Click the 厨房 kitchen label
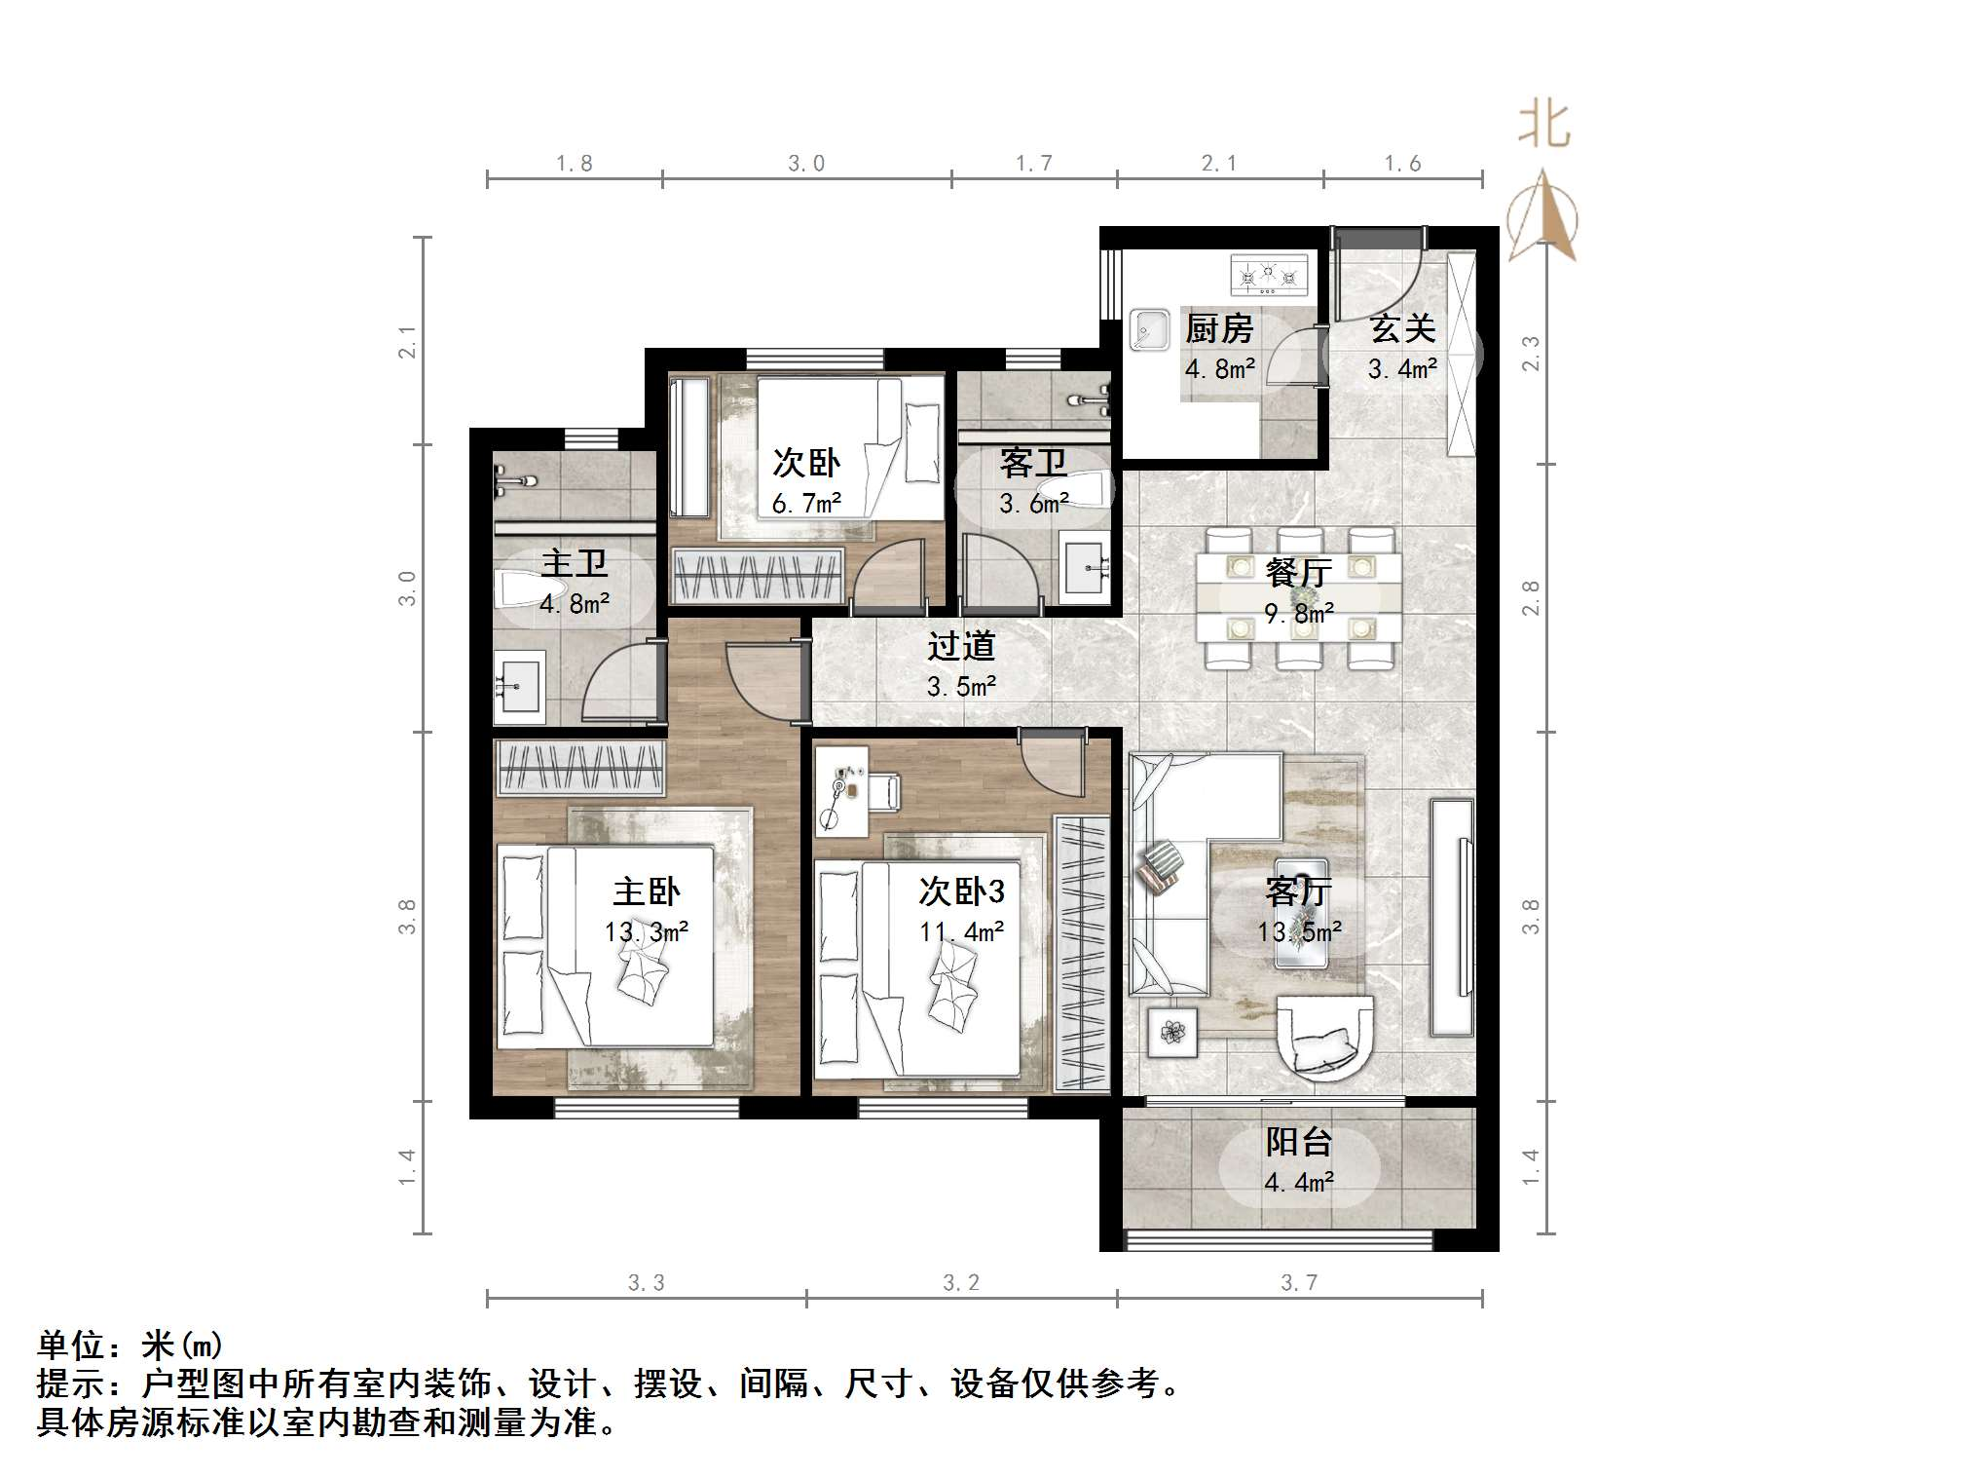[1218, 329]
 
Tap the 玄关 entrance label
[1402, 329]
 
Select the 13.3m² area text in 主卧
[646, 932]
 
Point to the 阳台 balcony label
[1298, 1142]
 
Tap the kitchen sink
[1149, 329]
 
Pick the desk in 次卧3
[840, 791]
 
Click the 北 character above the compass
[1544, 125]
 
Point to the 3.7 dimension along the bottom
[1299, 1282]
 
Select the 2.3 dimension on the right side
[1531, 353]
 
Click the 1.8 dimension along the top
[574, 164]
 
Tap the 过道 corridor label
[960, 646]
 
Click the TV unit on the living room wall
[1452, 916]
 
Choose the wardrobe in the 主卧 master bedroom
[579, 768]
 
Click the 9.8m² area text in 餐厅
[1299, 614]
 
